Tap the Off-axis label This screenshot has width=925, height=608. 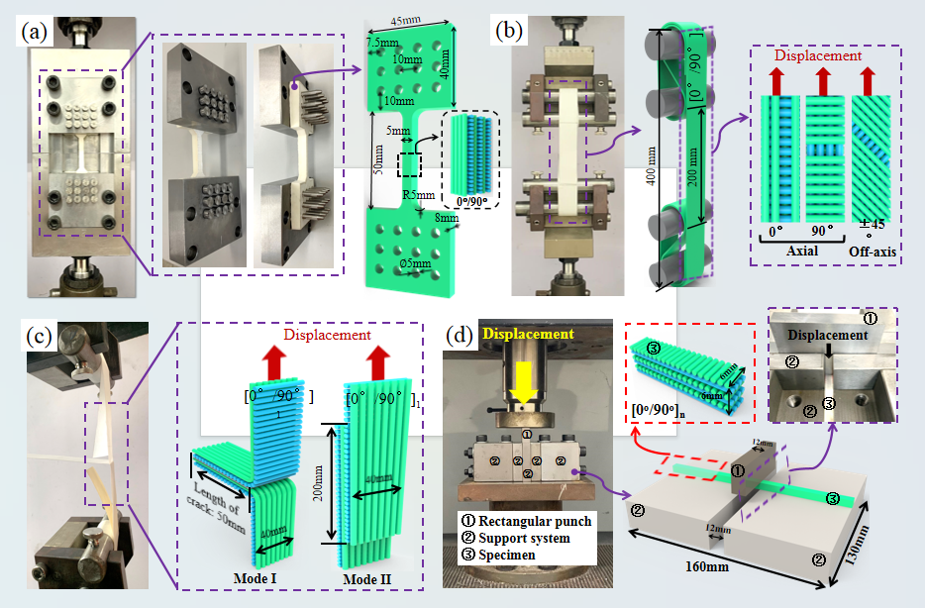tap(873, 253)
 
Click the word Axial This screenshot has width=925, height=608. tap(803, 253)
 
